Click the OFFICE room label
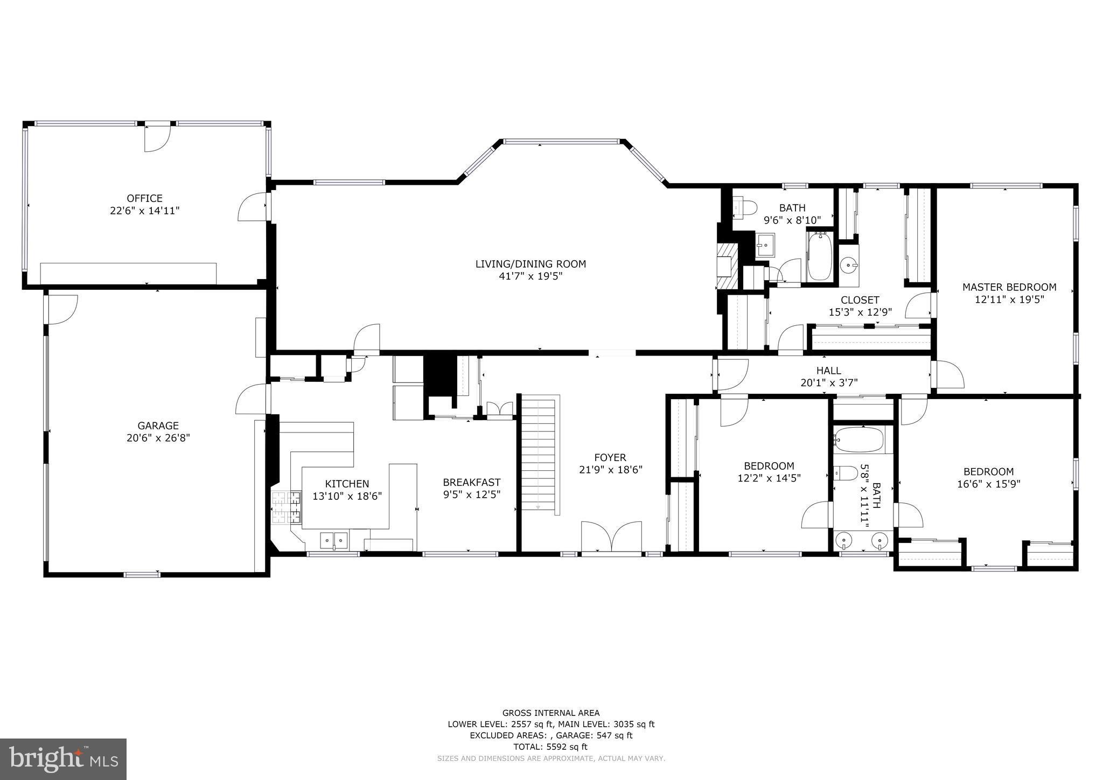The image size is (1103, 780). [144, 198]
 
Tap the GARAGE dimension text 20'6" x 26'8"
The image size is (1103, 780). [158, 438]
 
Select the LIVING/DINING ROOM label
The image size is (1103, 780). [530, 264]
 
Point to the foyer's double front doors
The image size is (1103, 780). [611, 536]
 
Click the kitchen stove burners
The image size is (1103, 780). [286, 507]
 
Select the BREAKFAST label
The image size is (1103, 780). [471, 483]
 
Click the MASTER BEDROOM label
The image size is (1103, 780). [1009, 287]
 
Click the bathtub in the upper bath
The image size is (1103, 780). [819, 256]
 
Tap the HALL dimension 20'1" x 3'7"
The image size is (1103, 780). [828, 383]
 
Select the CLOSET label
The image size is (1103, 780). [860, 300]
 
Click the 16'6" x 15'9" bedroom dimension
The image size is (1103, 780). [988, 484]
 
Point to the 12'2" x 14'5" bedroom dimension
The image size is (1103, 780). [769, 478]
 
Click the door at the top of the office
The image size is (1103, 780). [157, 137]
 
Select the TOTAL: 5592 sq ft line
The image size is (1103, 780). [550, 747]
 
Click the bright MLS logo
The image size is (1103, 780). [63, 758]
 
